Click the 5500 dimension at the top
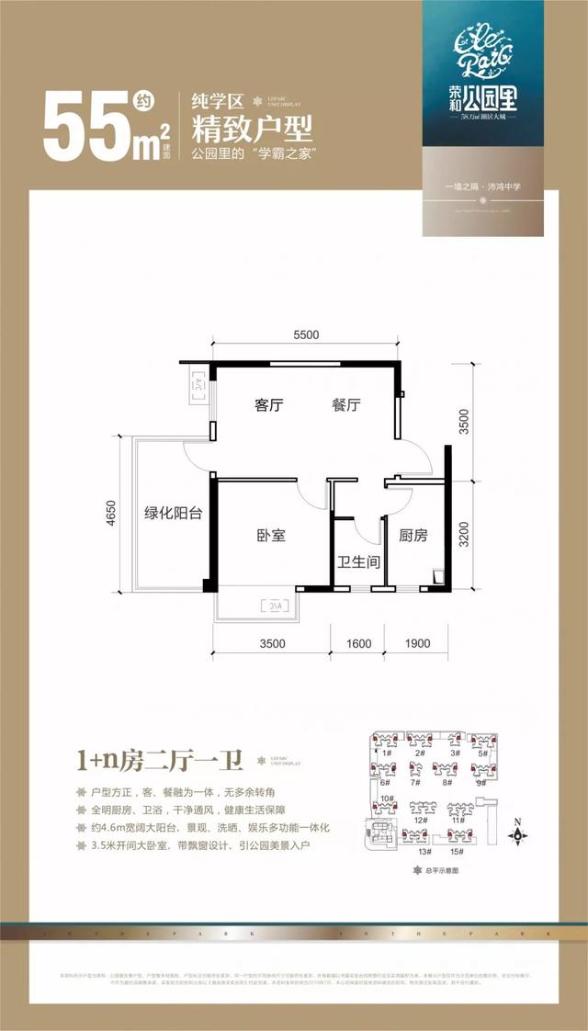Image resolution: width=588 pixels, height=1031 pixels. (x=306, y=335)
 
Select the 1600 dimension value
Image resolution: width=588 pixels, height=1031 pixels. (x=358, y=643)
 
